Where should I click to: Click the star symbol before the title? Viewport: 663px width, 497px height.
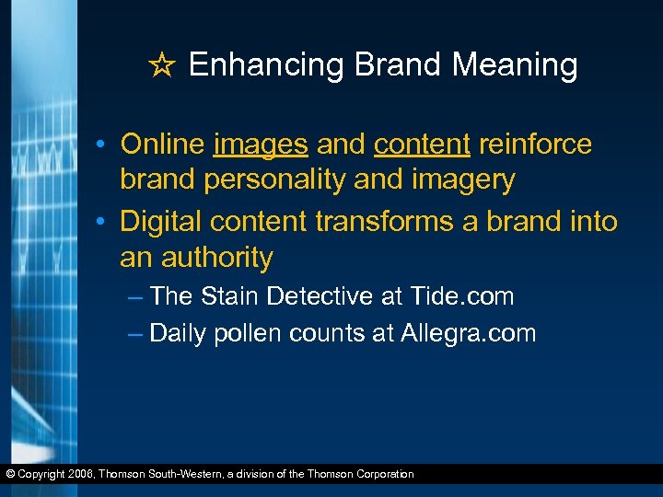(x=163, y=65)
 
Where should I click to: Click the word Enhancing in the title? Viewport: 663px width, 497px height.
(x=267, y=65)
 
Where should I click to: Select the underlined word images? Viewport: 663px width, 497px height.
(x=262, y=144)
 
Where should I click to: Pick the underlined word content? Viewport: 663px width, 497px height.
(x=423, y=144)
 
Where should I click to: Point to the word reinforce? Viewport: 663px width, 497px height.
(x=536, y=144)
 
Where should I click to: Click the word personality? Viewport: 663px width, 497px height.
(x=276, y=180)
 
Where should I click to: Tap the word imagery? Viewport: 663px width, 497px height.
(x=460, y=180)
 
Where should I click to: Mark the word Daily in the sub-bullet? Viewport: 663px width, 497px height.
(x=178, y=333)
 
